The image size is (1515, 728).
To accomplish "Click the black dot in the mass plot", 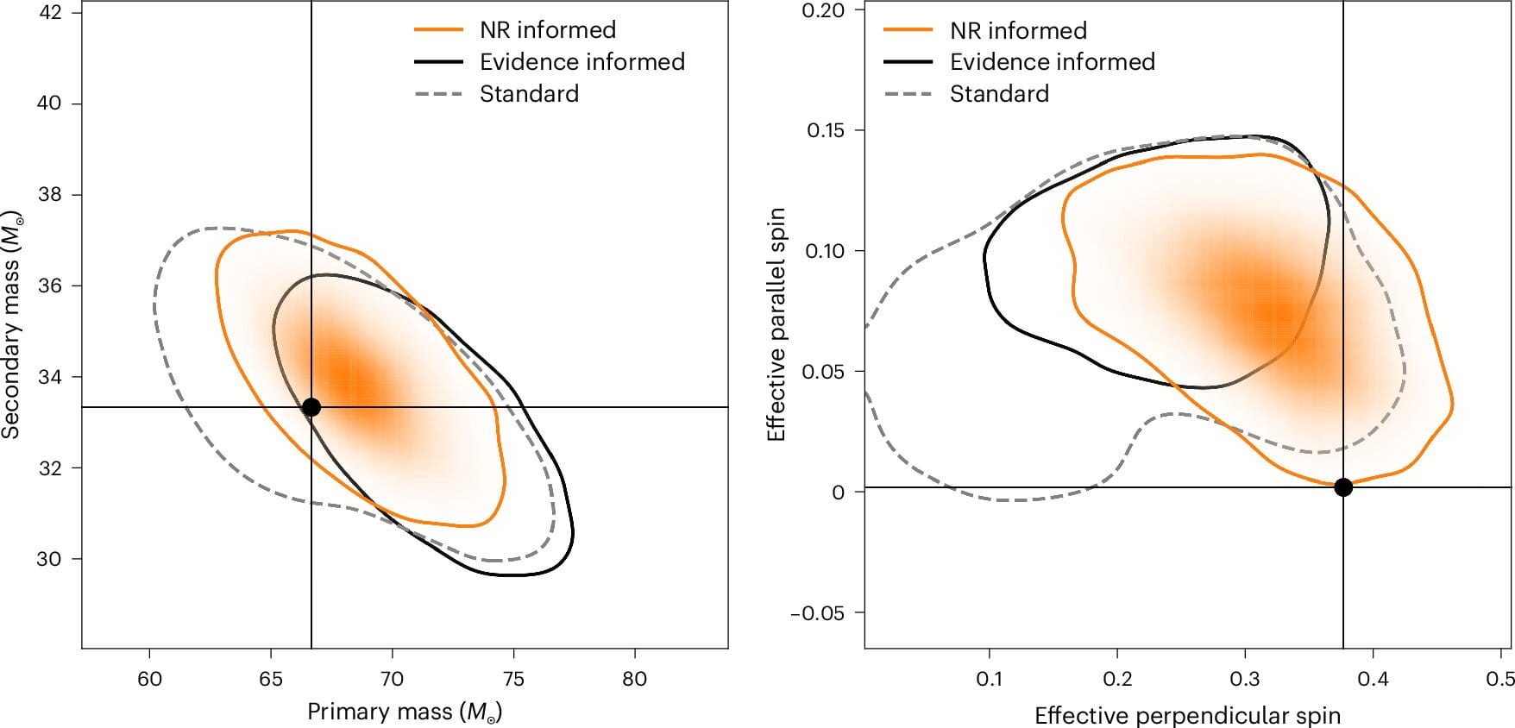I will click(311, 407).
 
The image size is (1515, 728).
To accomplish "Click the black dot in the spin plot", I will click(1343, 487).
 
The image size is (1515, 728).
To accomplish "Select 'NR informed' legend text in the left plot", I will click(548, 30).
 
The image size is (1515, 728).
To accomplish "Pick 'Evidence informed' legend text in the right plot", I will click(1052, 62).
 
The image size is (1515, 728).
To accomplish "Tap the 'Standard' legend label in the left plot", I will click(529, 94).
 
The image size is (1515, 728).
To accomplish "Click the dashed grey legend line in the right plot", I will click(908, 94).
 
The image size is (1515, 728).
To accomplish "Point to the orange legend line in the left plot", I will click(439, 30).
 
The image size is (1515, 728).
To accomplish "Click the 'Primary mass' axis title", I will click(405, 712).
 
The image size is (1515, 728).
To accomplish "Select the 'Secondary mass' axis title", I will click(11, 326).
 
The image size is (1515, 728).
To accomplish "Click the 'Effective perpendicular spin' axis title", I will click(1187, 715).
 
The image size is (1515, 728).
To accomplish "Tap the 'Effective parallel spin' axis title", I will click(776, 324).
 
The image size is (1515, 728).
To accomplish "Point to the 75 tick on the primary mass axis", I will click(513, 679).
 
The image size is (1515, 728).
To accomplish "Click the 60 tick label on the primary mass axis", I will click(149, 679).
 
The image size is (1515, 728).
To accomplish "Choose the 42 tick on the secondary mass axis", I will click(49, 13).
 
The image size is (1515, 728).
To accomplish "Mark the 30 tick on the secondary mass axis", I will click(49, 559).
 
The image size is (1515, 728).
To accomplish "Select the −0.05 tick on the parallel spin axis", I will click(817, 613).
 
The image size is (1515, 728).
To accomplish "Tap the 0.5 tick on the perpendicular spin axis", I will click(1500, 679).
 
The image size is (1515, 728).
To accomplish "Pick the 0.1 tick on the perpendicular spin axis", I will click(990, 679).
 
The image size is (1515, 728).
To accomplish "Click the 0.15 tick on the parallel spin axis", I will click(825, 130).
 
